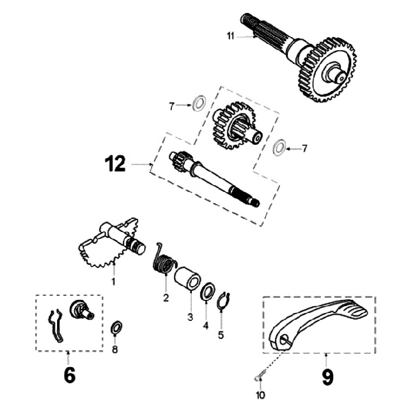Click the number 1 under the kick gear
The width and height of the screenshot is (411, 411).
click(x=113, y=281)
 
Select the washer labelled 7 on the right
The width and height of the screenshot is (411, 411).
click(x=280, y=147)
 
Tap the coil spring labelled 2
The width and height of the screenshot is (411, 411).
click(x=164, y=263)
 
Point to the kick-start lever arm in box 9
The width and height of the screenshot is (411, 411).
click(x=320, y=325)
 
